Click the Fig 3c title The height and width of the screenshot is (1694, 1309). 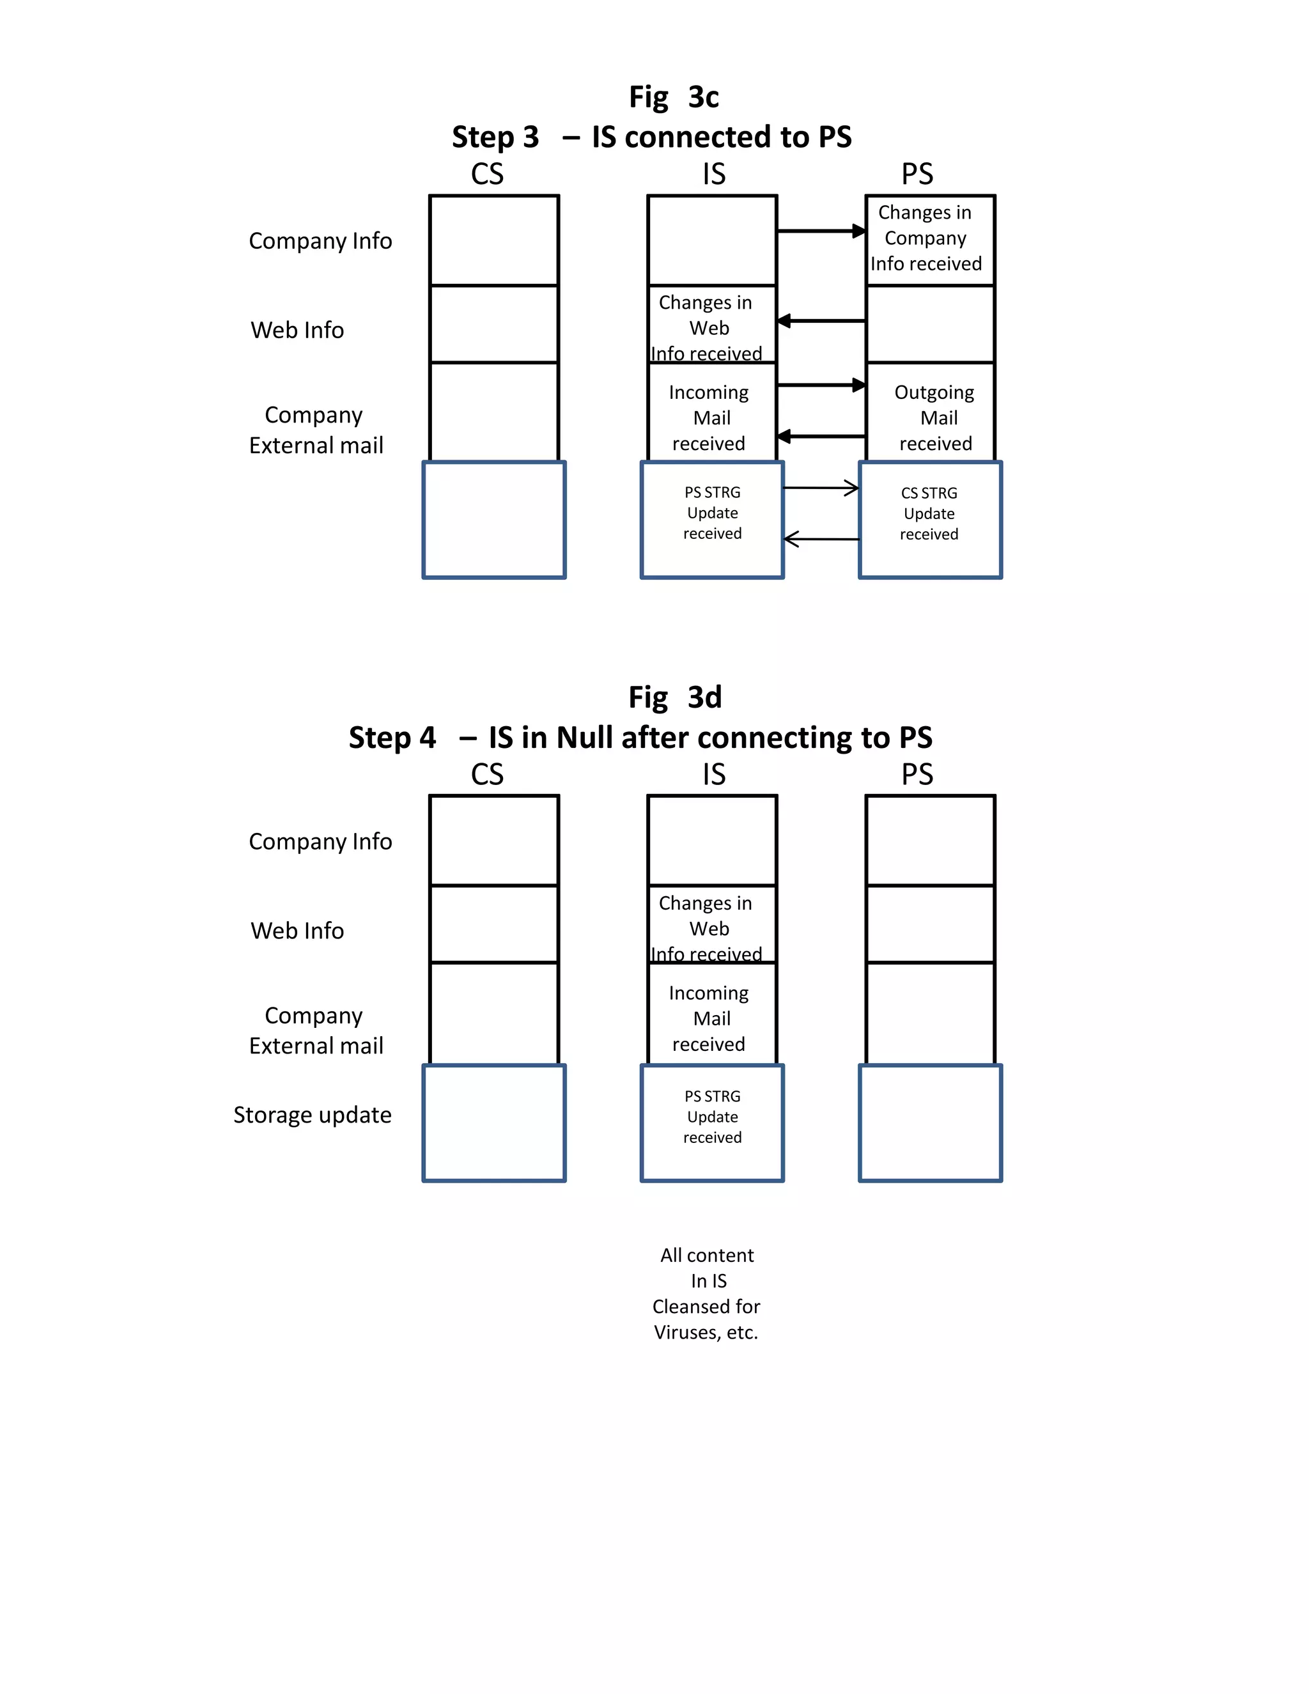tap(673, 98)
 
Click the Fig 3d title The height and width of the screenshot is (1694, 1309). tap(675, 697)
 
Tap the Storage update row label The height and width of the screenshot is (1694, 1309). tap(312, 1115)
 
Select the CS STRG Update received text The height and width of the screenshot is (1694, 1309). tap(929, 513)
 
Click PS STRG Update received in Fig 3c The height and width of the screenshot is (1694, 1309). tap(712, 513)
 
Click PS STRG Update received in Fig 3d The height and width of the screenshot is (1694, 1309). tap(712, 1117)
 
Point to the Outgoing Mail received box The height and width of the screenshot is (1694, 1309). tap(934, 417)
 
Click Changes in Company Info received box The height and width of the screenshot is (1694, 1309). tap(926, 238)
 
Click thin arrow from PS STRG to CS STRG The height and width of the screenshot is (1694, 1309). tap(821, 488)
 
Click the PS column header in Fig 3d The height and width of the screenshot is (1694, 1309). tap(917, 774)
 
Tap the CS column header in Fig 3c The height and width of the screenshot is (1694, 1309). tap(487, 174)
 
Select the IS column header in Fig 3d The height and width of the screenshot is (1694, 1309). tap(713, 774)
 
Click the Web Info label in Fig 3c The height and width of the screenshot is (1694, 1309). tap(297, 330)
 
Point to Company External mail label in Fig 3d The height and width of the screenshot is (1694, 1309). tap(316, 1030)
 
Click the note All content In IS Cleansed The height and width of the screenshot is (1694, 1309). tap(706, 1293)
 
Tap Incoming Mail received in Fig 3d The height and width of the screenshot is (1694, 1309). tap(709, 1018)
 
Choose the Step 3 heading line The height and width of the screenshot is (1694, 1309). tap(651, 137)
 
